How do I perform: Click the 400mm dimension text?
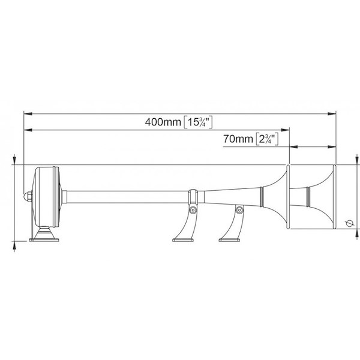(163, 122)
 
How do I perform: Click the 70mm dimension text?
(238, 139)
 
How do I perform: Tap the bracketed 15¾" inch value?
(199, 122)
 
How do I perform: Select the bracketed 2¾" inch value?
(267, 139)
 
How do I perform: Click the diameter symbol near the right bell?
(349, 223)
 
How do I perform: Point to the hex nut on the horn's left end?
(28, 197)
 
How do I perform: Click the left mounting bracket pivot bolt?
(193, 210)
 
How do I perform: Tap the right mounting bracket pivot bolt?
(239, 210)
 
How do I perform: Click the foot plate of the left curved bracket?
(183, 240)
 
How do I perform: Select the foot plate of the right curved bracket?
(229, 240)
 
